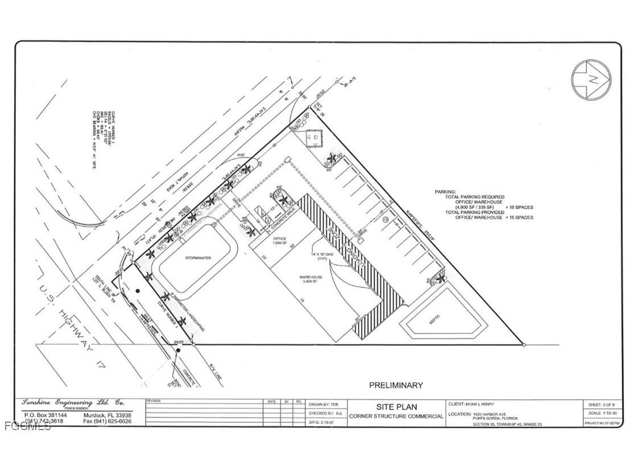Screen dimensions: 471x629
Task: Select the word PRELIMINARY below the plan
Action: [x=396, y=385]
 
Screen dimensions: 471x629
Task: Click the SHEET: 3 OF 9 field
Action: [x=602, y=403]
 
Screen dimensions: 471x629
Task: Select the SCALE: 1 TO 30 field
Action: [x=602, y=413]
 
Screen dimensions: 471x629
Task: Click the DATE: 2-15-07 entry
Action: [x=322, y=422]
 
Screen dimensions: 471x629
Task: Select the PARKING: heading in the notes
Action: [x=445, y=192]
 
